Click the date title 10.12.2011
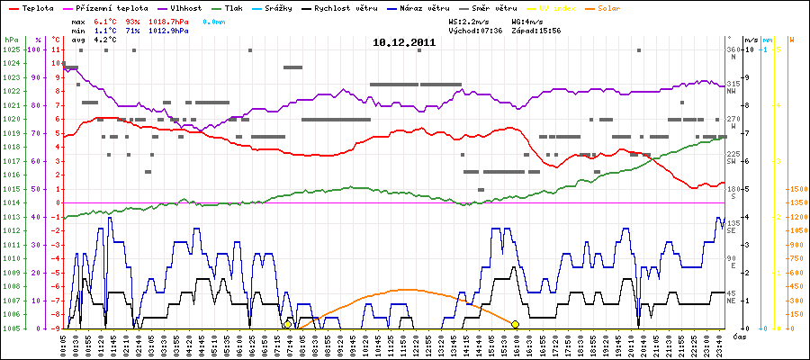(404, 42)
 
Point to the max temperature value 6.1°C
(106, 19)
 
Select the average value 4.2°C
(106, 40)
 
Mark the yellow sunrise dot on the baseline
(288, 324)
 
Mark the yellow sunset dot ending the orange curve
(515, 324)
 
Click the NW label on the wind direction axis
(733, 91)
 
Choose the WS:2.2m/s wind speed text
(474, 19)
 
